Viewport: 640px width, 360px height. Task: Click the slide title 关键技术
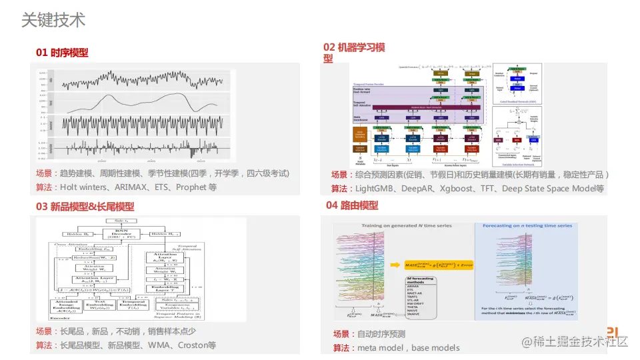pos(53,20)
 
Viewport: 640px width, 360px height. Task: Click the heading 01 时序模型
pos(62,52)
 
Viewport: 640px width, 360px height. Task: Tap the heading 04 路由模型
pos(352,205)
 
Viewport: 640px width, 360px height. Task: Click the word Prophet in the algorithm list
pos(192,187)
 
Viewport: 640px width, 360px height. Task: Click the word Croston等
pos(197,345)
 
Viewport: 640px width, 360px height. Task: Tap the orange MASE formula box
pos(434,265)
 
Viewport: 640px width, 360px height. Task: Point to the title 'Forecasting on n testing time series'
pos(525,226)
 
